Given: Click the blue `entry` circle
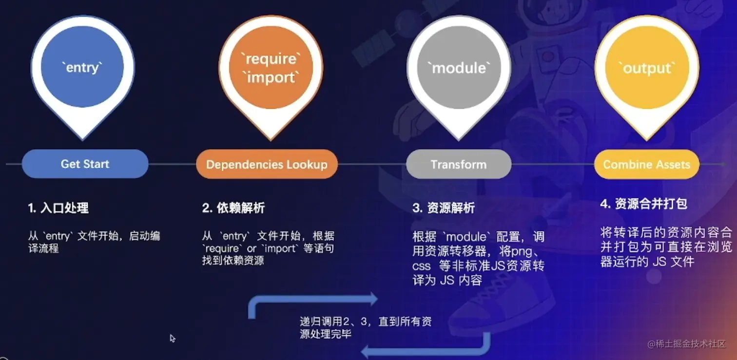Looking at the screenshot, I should [82, 67].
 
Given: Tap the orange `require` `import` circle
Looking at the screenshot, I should [271, 68].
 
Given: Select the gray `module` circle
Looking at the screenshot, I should [459, 68].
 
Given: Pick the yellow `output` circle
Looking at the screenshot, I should [647, 68].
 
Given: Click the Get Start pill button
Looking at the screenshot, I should [85, 164].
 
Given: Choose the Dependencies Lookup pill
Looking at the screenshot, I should [267, 164].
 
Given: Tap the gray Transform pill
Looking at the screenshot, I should [459, 164].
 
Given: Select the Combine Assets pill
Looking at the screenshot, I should [646, 164].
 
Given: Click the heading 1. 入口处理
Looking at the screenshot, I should [58, 208].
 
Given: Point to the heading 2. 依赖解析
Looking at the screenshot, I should [233, 208].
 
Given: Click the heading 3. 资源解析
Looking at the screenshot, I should [444, 208].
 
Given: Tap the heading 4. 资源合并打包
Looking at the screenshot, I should [643, 204].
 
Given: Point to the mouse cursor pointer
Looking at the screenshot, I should [172, 338].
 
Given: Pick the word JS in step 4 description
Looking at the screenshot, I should [660, 262].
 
